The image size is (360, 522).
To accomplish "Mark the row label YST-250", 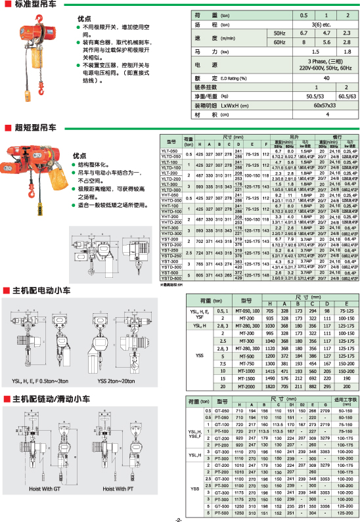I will tap(171, 268).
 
